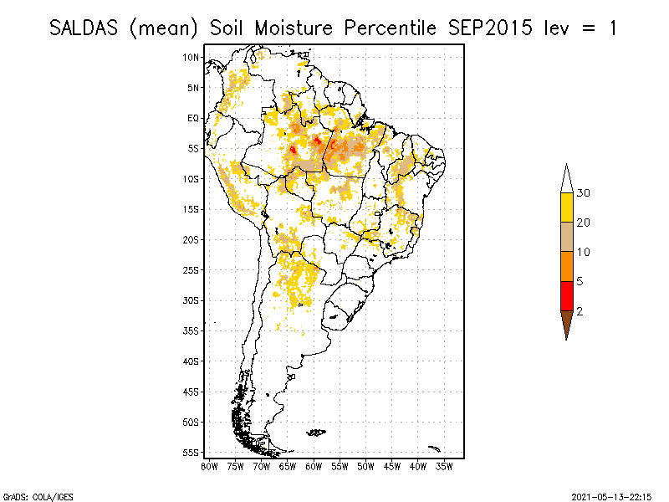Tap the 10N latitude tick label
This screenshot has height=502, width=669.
(x=192, y=57)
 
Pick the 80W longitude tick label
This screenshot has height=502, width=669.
(x=209, y=466)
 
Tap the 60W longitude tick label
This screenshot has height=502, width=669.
(x=314, y=466)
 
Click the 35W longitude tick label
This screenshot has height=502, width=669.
(x=444, y=466)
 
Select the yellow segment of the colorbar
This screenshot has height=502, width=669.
(x=566, y=207)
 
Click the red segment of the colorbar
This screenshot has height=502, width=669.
(x=566, y=295)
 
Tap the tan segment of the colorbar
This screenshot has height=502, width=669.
(x=566, y=237)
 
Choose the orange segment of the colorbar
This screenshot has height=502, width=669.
(x=566, y=266)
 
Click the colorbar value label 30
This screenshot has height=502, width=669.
(x=584, y=193)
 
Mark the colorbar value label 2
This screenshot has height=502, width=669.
(x=580, y=310)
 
